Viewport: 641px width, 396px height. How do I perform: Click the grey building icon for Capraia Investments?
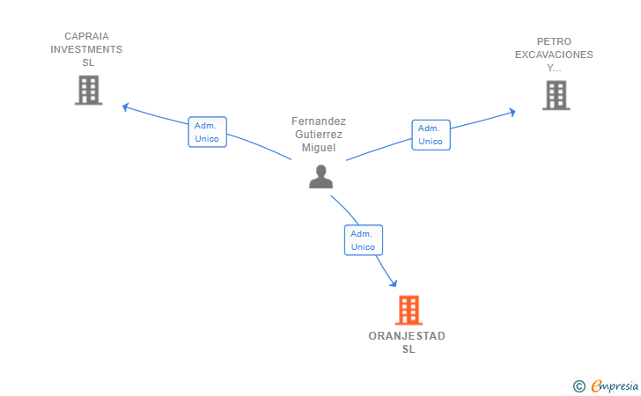tap(88, 91)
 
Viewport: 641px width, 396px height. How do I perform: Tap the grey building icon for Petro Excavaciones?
tap(556, 96)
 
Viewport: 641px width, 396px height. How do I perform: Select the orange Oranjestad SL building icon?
tap(409, 310)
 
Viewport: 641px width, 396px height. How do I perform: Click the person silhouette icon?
tap(320, 177)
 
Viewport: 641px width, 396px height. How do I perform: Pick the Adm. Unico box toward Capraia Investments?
tap(207, 132)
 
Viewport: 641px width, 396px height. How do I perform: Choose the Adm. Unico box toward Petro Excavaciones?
tap(431, 135)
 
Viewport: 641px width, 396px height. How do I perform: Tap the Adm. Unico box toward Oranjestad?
tap(364, 240)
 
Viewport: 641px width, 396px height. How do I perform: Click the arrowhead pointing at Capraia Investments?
tap(126, 107)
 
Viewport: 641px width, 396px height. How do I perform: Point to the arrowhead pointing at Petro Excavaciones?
tap(512, 112)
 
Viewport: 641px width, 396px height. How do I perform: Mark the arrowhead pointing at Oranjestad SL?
tap(394, 282)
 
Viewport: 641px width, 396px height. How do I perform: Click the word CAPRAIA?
tap(86, 36)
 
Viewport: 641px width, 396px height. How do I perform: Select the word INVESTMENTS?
tap(86, 49)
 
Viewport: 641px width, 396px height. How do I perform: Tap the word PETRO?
tap(554, 41)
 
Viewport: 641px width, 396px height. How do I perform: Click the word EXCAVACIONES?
tap(554, 55)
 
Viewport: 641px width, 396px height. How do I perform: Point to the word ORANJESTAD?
tap(407, 336)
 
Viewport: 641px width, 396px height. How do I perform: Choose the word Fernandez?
tap(319, 121)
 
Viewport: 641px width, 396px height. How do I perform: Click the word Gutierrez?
tap(319, 135)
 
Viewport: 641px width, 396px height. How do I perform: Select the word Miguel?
tap(319, 148)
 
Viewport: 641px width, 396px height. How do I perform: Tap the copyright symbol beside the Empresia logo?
tap(578, 386)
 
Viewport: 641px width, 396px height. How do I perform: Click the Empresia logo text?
tap(615, 385)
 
